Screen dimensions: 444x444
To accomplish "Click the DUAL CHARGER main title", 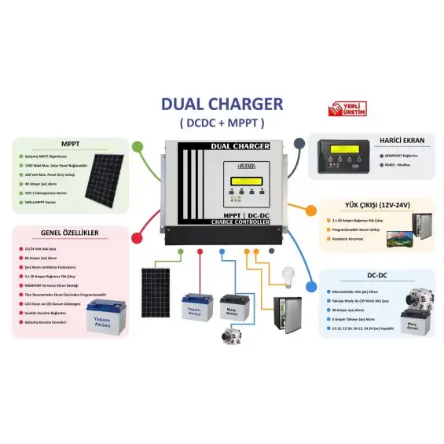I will [x=222, y=105].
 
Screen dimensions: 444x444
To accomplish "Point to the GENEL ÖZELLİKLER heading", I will [x=70, y=234].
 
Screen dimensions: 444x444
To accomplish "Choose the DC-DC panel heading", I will [x=378, y=277].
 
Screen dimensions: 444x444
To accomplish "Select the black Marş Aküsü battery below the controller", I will [x=234, y=309].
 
